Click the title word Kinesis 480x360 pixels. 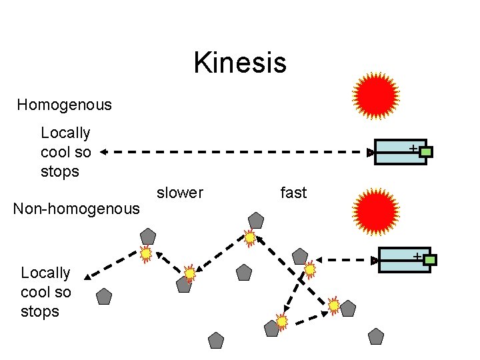[240, 63]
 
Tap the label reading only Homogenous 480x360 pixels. [64, 105]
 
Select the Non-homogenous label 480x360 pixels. [77, 209]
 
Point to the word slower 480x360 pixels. [179, 193]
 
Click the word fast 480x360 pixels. [293, 193]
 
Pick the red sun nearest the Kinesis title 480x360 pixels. [376, 95]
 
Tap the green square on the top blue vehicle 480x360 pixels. [426, 152]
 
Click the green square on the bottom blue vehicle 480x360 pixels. [430, 260]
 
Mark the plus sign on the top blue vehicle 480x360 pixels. [413, 147]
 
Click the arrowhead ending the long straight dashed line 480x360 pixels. [104, 152]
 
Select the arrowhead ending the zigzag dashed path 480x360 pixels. [89, 275]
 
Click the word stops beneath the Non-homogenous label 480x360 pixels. [40, 311]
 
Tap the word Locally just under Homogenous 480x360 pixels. [65, 133]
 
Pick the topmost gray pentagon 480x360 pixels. [256, 219]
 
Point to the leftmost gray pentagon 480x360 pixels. [104, 297]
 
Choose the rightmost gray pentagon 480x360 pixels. [377, 336]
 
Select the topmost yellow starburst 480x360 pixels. [250, 237]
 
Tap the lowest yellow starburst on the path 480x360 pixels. [282, 321]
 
